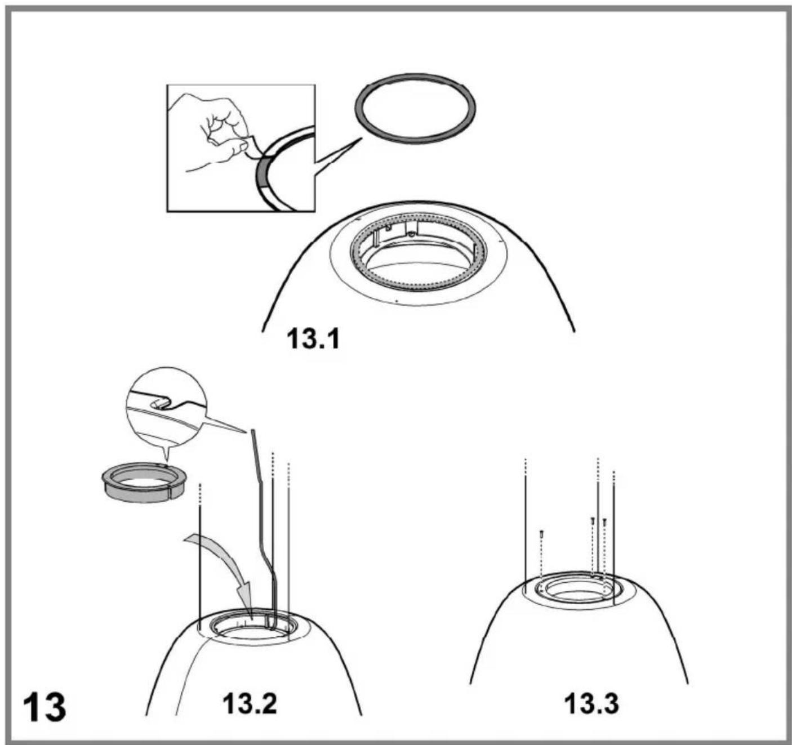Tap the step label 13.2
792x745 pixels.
tap(249, 704)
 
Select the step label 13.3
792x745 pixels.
tap(592, 704)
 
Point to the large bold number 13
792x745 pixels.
tap(45, 708)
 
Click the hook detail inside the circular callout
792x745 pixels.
tap(162, 404)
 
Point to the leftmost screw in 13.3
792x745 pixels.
tap(541, 533)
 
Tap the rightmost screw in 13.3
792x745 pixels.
tap(604, 521)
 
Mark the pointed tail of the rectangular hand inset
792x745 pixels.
tap(361, 139)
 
